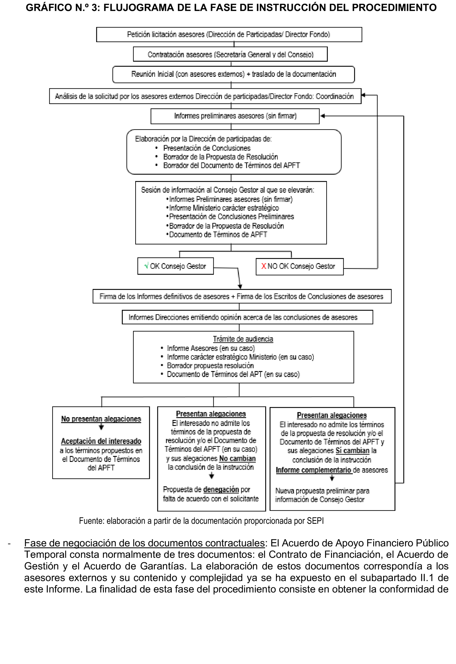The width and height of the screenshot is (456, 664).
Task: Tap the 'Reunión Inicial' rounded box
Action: (x=233, y=74)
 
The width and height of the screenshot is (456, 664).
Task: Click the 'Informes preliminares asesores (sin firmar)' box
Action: (x=235, y=116)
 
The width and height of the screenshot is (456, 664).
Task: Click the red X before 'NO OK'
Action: (x=264, y=266)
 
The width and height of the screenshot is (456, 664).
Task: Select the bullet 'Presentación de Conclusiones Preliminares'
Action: (x=231, y=216)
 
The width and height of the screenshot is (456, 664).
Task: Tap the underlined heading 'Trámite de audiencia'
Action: (x=243, y=339)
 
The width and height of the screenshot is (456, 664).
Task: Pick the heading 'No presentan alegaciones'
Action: (x=101, y=419)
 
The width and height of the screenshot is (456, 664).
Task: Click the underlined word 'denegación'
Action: (x=221, y=489)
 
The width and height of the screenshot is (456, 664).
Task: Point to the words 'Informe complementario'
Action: (x=313, y=470)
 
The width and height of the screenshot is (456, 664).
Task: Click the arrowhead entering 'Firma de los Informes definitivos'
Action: (x=240, y=286)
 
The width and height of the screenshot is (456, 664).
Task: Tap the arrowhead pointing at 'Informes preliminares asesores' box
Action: (x=322, y=116)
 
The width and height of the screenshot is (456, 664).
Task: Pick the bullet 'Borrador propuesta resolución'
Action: (x=210, y=365)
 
